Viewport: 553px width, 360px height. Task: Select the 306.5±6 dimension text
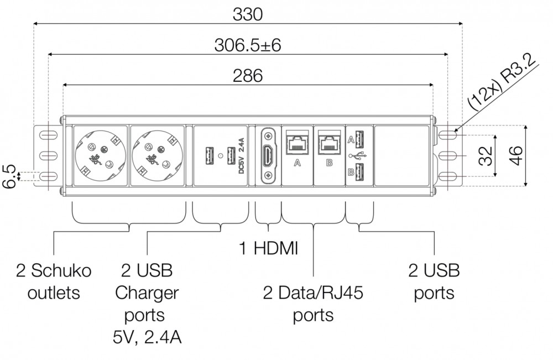click(x=247, y=45)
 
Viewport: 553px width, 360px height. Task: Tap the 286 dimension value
click(x=247, y=76)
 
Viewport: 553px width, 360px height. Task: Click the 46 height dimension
click(x=517, y=156)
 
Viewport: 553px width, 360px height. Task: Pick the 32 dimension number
click(x=485, y=156)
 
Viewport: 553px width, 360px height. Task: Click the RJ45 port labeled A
click(x=298, y=144)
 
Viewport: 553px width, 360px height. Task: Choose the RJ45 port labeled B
click(x=330, y=144)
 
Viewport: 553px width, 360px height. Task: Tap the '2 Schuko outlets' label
click(x=54, y=281)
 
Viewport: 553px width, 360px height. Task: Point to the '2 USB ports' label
click(x=434, y=281)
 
